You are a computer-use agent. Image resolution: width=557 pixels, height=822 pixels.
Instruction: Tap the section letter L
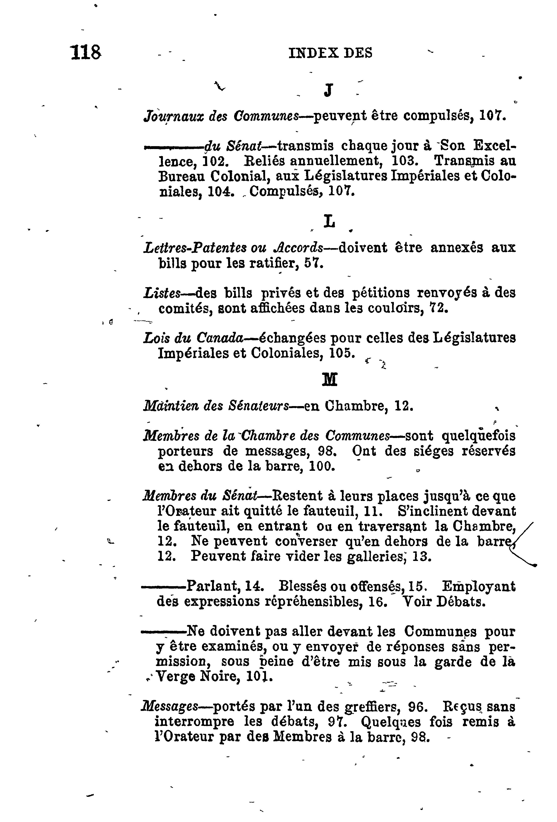pos(329,222)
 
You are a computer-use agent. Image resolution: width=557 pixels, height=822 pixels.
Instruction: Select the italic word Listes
pos(162,293)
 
